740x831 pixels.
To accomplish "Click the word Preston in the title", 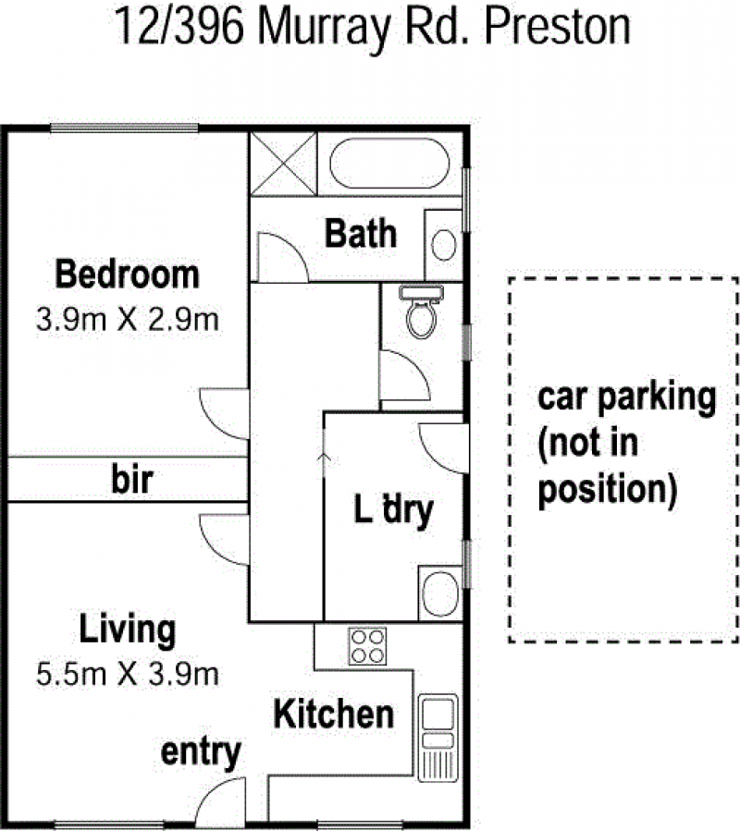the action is (x=558, y=26).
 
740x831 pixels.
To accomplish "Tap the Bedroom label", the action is (x=128, y=275).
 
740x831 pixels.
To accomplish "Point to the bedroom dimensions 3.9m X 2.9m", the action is (x=128, y=320).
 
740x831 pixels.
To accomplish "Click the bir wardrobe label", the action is (x=132, y=480).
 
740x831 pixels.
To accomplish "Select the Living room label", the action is (x=128, y=629).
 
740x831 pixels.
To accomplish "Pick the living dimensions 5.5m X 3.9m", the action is (x=128, y=674).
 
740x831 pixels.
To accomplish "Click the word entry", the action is (x=201, y=752).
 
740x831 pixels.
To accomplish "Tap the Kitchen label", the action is (x=334, y=715).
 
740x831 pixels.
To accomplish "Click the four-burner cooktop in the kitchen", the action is (x=367, y=646).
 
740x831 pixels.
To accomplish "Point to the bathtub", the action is (x=389, y=164).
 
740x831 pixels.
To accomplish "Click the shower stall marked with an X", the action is (x=283, y=164).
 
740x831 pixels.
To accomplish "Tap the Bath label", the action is (x=361, y=233).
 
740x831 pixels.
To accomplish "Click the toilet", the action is (x=422, y=312).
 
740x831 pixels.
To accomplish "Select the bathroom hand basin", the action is (x=443, y=245).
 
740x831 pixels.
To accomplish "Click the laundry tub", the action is (x=440, y=593).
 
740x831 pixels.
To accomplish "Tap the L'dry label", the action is (x=393, y=510).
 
